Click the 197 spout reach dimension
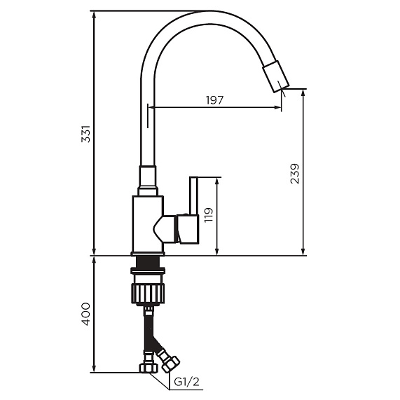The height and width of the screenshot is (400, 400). pos(214,100)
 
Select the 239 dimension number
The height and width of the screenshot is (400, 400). pos(294,174)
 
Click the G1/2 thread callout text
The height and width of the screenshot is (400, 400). pos(186,382)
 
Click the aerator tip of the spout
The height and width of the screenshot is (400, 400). pos(275,76)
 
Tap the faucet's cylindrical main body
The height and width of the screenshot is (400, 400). pos(147,224)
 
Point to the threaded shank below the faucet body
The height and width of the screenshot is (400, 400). pos(148,263)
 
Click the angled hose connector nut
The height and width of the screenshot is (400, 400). pos(170,362)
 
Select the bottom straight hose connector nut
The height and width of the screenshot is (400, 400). pos(148,367)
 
